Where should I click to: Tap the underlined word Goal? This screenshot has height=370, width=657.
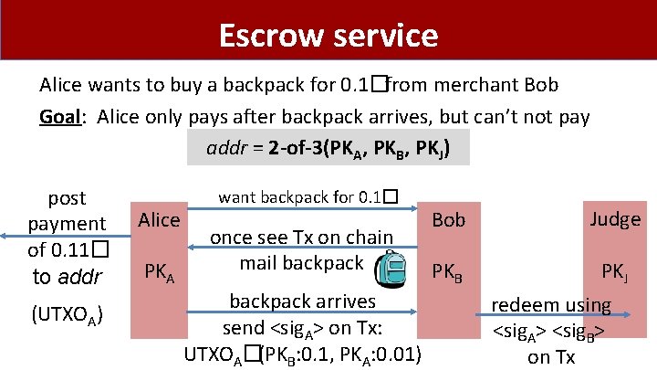[x=62, y=117]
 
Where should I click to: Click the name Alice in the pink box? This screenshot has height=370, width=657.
[x=159, y=219]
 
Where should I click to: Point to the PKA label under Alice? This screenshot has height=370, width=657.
[x=160, y=271]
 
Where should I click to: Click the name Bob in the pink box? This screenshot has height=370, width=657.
[x=448, y=219]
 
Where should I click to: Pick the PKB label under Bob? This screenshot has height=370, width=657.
[x=449, y=271]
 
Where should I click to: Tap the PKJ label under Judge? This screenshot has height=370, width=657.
[x=613, y=271]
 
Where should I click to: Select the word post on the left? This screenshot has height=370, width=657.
[x=67, y=198]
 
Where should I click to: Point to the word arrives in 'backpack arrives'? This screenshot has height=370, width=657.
[x=343, y=301]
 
